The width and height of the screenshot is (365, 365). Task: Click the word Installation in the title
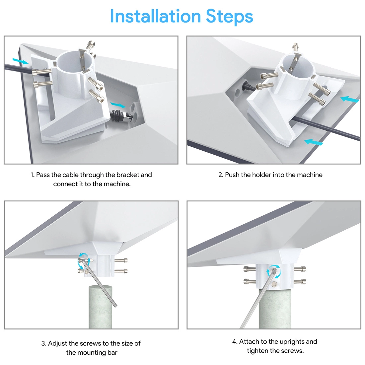click(x=155, y=16)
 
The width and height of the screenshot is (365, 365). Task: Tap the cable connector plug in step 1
click(x=121, y=115)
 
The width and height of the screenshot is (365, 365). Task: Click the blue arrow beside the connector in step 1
click(x=118, y=105)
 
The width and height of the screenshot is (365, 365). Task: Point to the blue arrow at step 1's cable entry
click(x=20, y=61)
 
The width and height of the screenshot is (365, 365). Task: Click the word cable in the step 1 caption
click(x=71, y=175)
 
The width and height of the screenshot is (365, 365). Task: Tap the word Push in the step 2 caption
click(x=232, y=175)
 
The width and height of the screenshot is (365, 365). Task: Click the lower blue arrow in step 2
click(x=314, y=142)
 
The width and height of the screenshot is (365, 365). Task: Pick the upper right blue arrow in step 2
click(x=350, y=100)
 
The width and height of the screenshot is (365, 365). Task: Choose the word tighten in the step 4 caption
click(x=258, y=351)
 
